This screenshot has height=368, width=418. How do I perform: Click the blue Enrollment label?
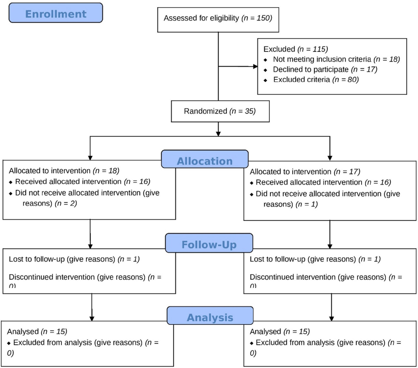click(55, 13)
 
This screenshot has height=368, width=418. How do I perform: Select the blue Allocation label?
click(205, 161)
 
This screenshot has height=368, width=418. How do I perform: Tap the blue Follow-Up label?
click(209, 244)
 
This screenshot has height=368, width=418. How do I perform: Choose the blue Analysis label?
click(210, 317)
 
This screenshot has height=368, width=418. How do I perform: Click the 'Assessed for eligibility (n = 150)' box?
click(218, 18)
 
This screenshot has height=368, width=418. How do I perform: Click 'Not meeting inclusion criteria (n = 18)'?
click(336, 59)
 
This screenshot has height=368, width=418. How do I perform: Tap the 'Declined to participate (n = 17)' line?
click(324, 69)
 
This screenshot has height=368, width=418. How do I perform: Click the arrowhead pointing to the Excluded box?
click(254, 66)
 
